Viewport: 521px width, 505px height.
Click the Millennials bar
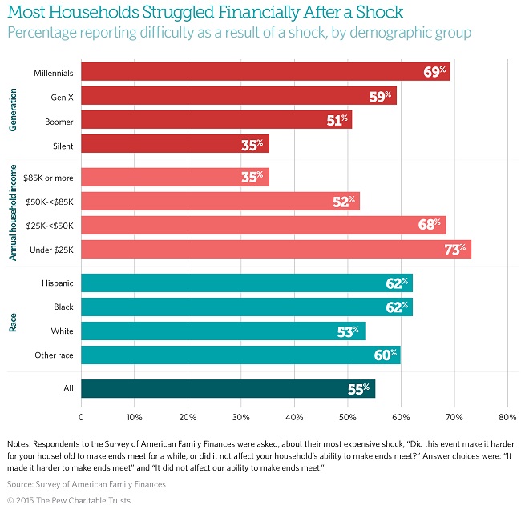265,72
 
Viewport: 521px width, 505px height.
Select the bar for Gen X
238,96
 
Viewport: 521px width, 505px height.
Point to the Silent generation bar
175,144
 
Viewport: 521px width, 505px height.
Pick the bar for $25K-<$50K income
263,225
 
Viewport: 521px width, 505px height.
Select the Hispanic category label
58,283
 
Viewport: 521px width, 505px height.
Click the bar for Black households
246,307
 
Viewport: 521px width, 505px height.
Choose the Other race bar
240,355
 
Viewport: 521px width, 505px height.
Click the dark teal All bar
228,388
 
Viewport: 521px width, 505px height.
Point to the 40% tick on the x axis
294,417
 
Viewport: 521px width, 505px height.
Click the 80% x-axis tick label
507,417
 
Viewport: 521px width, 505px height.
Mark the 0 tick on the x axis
81,417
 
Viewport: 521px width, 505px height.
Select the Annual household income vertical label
13,213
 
